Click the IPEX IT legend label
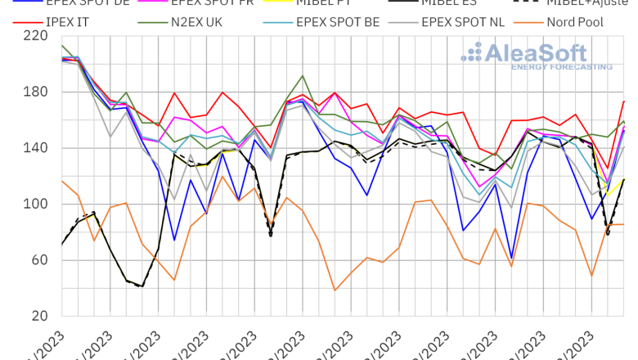point(70,22)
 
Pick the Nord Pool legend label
point(577,22)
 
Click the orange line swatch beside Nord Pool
point(534,22)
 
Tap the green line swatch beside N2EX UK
point(152,22)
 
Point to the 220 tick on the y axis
point(34,36)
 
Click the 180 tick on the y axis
point(34,92)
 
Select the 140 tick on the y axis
point(34,148)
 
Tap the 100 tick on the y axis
point(34,204)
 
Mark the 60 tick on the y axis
point(38,260)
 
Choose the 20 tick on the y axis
point(38,316)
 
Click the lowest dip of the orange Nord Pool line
point(335,290)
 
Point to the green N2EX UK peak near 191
point(303,76)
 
